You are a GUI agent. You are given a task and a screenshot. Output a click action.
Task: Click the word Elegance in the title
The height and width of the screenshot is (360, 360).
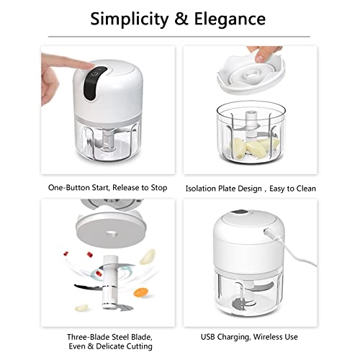pos(230,19)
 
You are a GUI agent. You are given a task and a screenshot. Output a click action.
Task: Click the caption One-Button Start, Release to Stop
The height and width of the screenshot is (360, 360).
pos(107,188)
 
